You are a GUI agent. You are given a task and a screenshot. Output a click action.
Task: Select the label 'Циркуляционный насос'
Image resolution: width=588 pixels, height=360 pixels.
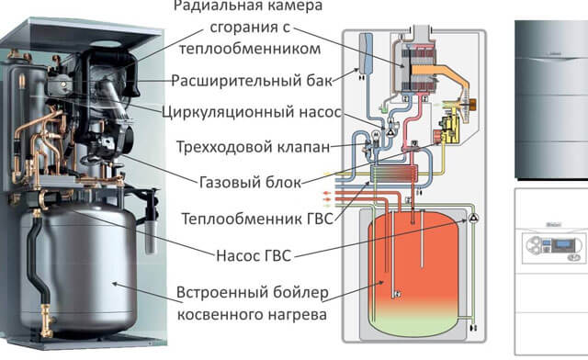coord(252,114)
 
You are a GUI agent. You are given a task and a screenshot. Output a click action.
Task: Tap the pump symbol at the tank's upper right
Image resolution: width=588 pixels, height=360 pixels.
coord(475,219)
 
